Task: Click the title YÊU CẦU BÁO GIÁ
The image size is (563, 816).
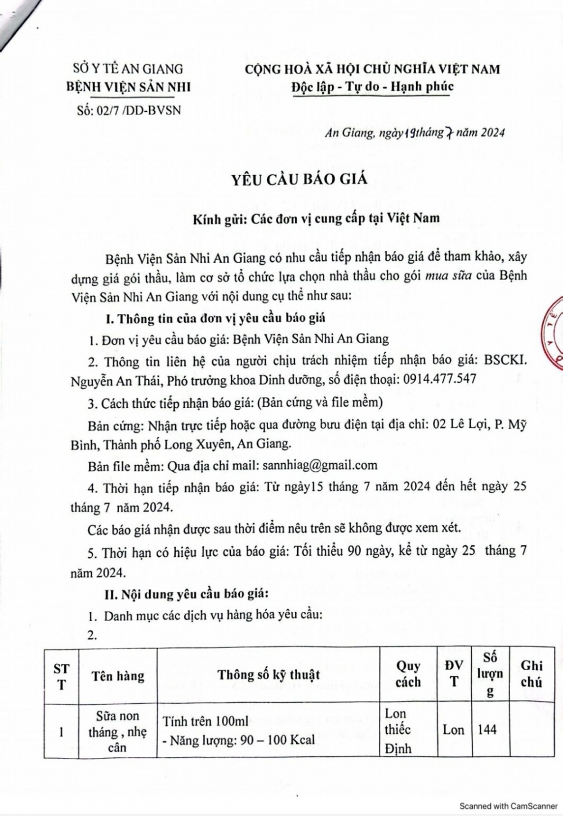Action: [x=299, y=179]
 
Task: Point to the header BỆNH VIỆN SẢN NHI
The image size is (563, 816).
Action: [x=128, y=87]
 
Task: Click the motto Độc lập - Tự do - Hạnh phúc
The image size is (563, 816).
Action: [x=372, y=87]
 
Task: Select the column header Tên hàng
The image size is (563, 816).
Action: [x=118, y=675]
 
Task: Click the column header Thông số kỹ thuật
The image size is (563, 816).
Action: [x=269, y=675]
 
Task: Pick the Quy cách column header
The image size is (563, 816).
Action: [x=408, y=674]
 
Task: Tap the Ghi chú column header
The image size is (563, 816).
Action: [x=531, y=673]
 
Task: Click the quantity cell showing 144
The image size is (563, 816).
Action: [x=487, y=730]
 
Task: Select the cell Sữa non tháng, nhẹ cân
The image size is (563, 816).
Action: [x=118, y=731]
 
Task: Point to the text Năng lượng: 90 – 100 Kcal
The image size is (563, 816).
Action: [x=239, y=739]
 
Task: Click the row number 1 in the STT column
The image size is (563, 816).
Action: [x=61, y=731]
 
